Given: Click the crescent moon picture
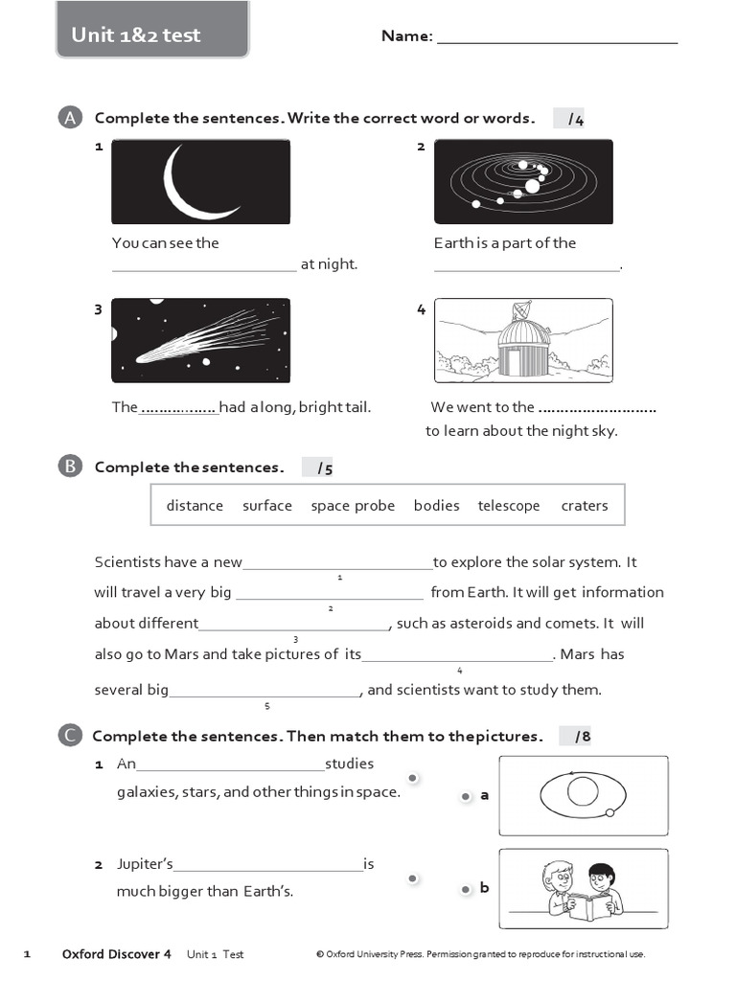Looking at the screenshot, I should [x=200, y=182].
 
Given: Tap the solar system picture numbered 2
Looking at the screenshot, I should [x=522, y=182].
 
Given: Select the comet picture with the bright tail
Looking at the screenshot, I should [x=200, y=340].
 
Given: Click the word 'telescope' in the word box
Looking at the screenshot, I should [x=509, y=506].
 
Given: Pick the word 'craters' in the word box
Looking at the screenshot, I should [x=585, y=506].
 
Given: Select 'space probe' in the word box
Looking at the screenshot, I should [x=353, y=506].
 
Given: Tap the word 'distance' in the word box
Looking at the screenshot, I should [x=195, y=506].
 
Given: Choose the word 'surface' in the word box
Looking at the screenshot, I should [x=267, y=506].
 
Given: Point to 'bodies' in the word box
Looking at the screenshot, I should [x=437, y=506].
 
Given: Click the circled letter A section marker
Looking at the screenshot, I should [x=69, y=118].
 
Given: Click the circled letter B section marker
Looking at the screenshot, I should [x=69, y=467].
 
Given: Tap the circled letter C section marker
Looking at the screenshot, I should [x=69, y=736].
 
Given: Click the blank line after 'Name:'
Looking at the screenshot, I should [x=557, y=38].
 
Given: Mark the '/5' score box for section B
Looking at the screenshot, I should [x=317, y=468].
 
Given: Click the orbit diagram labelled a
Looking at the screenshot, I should [x=583, y=794].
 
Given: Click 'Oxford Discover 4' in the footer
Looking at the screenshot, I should [x=116, y=954].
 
